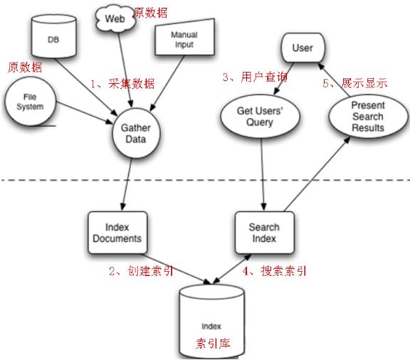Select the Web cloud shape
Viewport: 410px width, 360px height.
click(x=115, y=20)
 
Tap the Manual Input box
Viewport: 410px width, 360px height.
click(x=182, y=42)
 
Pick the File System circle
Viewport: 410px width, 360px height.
click(x=29, y=102)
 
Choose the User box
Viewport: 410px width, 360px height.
click(x=303, y=48)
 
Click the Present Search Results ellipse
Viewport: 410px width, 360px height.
click(x=367, y=117)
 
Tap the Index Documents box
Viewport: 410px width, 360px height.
click(x=117, y=233)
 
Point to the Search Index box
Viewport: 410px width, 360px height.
click(x=263, y=233)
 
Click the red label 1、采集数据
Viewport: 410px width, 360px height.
click(x=122, y=83)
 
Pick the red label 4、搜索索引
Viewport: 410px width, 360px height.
click(x=275, y=270)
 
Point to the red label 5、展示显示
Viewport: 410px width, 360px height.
click(x=355, y=83)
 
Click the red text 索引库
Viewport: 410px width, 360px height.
click(x=214, y=343)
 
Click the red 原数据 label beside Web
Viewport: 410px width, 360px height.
click(x=151, y=12)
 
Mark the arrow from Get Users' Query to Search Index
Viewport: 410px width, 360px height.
click(x=263, y=174)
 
